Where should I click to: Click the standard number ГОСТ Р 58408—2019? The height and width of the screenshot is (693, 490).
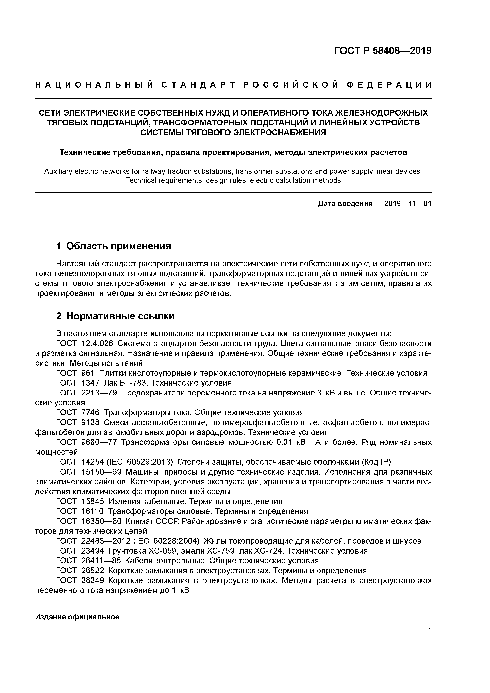(383, 51)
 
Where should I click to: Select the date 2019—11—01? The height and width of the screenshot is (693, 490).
(408, 204)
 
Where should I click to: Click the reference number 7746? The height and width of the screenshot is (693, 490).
(90, 413)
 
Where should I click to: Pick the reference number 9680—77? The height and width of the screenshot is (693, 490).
(99, 443)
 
